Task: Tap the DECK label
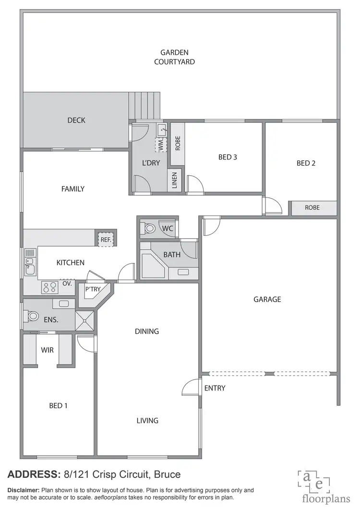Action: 76,120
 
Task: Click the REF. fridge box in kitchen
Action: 106,239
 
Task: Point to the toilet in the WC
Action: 149,229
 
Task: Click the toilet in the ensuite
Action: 33,316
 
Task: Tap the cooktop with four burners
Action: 49,287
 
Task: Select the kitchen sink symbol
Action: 29,267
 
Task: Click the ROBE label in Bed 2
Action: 312,208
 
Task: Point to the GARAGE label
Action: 267,299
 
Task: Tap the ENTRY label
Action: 215,388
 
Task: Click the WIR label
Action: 47,350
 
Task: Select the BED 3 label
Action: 228,157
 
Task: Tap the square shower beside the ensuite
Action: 84,319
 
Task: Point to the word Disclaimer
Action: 23,490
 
